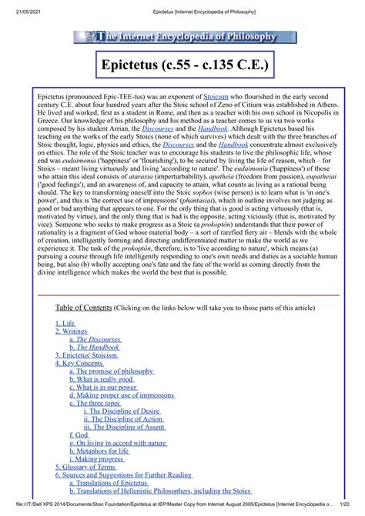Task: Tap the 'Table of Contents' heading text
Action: click(x=83, y=307)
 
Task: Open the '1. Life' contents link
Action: click(x=65, y=325)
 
